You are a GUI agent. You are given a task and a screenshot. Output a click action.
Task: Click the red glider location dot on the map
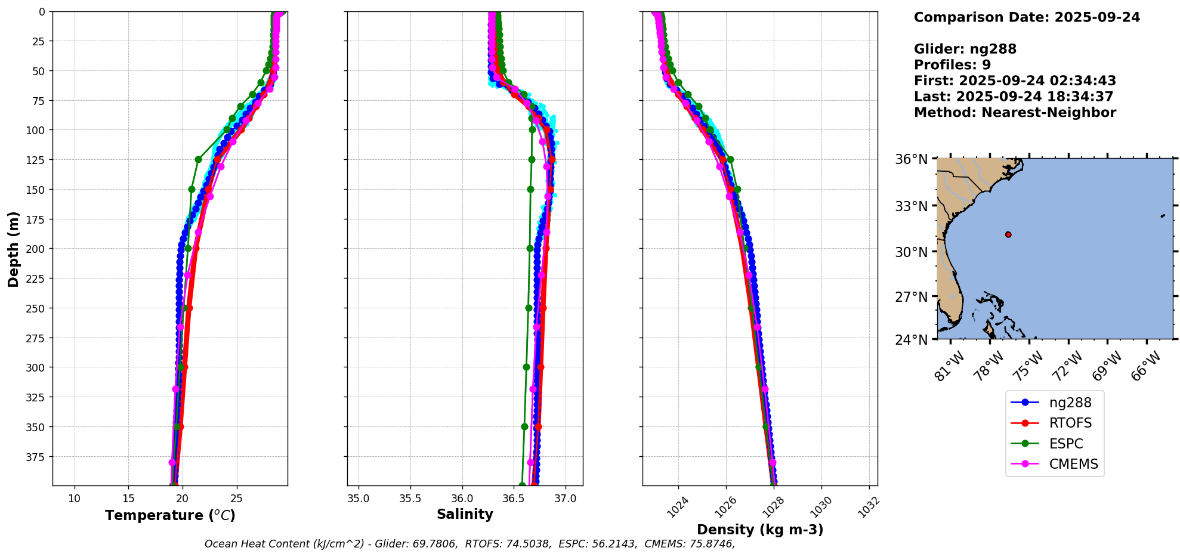1008,234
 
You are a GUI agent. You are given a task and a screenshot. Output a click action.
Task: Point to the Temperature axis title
170,515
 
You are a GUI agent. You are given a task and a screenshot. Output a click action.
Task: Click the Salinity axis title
465,514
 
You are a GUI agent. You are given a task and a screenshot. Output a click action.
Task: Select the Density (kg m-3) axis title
760,530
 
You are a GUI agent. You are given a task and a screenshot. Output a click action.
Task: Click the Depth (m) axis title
13,249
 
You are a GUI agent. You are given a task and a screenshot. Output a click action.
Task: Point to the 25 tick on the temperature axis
236,499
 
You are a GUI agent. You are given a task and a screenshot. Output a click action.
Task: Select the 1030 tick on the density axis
821,507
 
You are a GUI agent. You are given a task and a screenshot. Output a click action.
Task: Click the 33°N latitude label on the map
911,206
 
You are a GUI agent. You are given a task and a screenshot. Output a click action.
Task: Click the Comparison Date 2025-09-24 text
1027,17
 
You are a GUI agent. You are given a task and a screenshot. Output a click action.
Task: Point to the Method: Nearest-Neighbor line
1015,113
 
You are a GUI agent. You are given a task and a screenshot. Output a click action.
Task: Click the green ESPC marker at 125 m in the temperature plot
198,159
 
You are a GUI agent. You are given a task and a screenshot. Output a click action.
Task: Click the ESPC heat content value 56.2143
613,544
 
